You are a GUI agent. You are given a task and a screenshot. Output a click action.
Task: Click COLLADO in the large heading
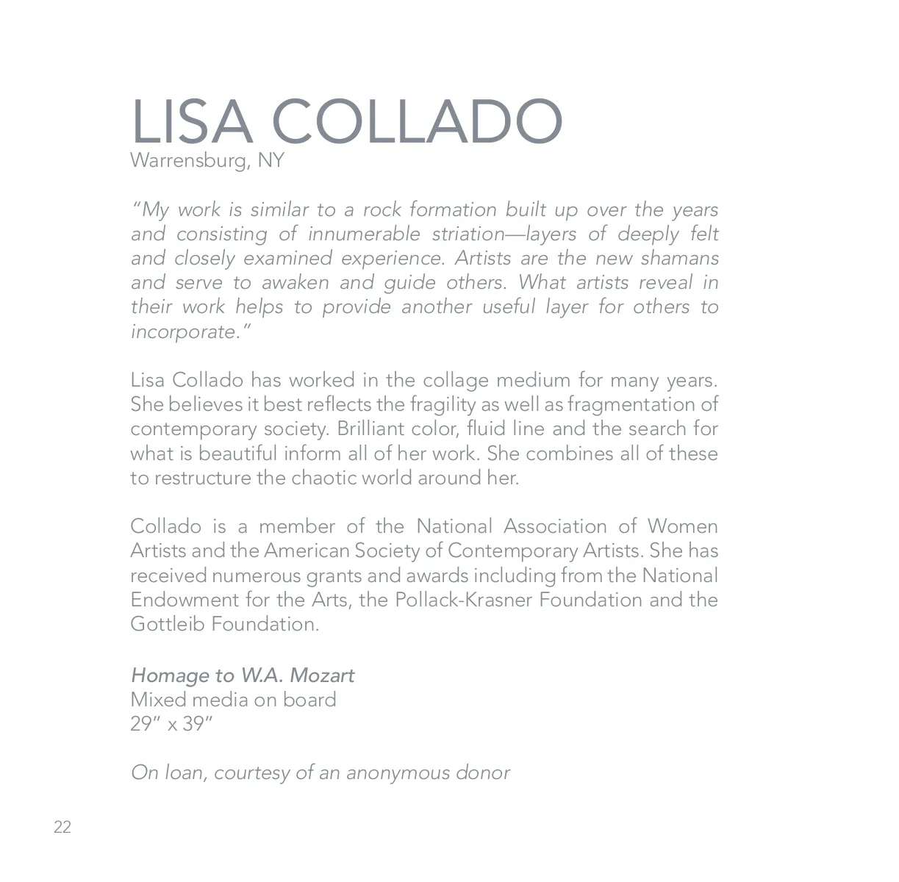[x=418, y=122]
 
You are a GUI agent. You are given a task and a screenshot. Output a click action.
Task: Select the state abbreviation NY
[x=271, y=160]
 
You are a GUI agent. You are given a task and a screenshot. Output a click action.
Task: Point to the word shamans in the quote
[x=679, y=259]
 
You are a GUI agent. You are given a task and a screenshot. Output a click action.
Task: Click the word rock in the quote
[x=382, y=210]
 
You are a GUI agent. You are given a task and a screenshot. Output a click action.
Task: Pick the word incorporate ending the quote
[x=184, y=332]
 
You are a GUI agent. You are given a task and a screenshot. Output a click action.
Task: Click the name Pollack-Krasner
[x=463, y=600]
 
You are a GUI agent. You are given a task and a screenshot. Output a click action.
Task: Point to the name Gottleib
[x=168, y=624]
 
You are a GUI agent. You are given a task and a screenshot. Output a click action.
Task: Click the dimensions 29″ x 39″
[x=171, y=724]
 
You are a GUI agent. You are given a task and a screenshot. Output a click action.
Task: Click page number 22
[x=62, y=828]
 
